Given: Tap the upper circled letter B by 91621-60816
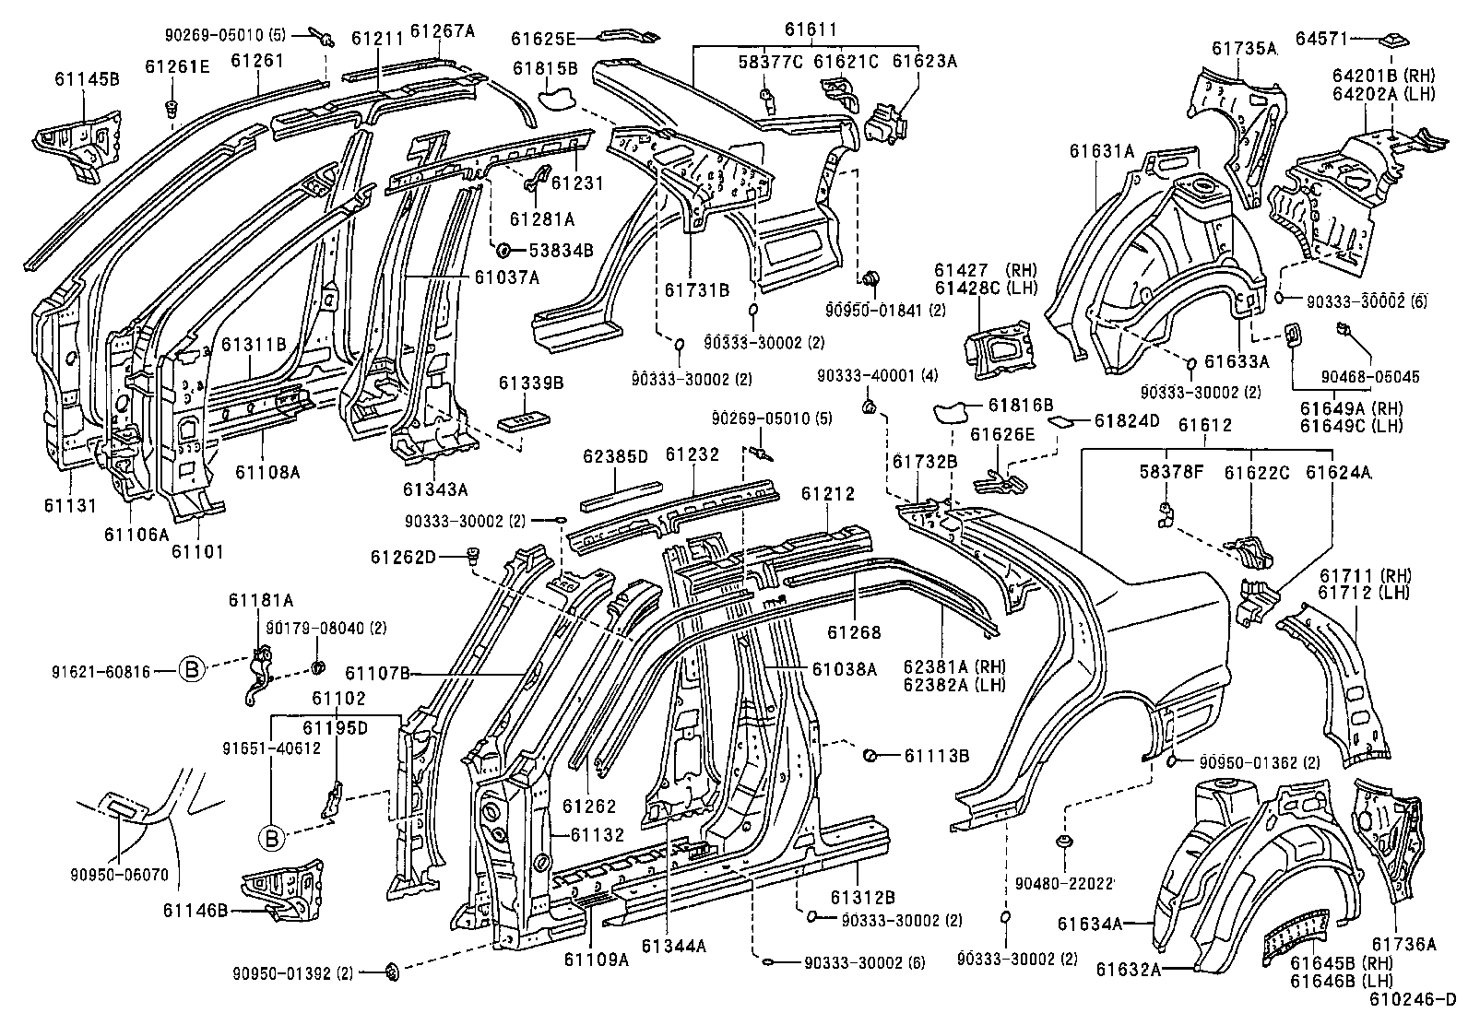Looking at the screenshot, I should click(x=191, y=670).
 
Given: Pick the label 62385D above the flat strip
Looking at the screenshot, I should click(x=616, y=456).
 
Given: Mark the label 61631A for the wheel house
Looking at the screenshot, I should click(x=1103, y=150).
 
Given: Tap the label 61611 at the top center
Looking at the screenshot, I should click(x=811, y=30).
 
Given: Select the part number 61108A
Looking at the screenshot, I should click(x=267, y=473).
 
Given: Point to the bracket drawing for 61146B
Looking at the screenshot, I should click(x=281, y=889).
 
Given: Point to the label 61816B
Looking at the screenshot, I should click(x=1020, y=405).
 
